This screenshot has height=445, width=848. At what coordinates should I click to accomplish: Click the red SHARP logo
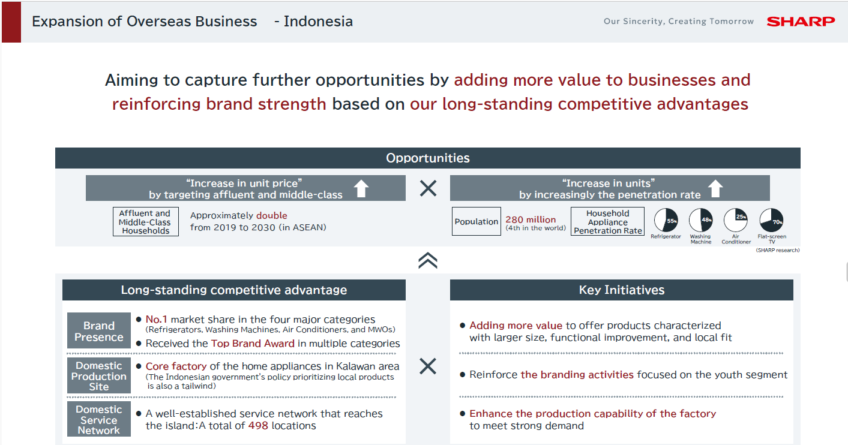801,22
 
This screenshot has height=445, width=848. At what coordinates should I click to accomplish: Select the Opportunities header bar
428,158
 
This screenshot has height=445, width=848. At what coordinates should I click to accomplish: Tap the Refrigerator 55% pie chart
666,220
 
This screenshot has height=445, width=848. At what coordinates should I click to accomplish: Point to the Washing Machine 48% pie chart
701,220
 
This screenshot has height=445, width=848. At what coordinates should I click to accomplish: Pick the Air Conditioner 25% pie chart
736,220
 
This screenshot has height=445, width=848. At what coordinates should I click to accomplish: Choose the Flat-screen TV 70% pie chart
771,220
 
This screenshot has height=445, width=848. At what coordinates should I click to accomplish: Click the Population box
477,221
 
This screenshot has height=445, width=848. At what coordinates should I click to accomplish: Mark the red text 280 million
531,220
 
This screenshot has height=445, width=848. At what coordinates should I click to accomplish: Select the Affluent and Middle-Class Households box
146,222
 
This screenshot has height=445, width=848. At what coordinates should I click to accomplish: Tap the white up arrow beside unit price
361,188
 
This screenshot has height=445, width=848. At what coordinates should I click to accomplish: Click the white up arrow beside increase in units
715,188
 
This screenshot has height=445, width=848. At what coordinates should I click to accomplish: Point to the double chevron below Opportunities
428,260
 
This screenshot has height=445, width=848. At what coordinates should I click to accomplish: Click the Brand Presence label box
99,330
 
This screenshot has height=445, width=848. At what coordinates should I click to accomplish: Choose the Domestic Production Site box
99,376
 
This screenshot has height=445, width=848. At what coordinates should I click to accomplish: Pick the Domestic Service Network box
99,419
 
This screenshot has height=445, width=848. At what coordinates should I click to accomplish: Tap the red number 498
258,426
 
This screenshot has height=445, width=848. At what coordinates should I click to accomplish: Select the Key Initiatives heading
622,290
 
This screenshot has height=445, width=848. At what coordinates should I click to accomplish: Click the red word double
272,215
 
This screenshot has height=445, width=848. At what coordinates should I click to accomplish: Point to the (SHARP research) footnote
778,250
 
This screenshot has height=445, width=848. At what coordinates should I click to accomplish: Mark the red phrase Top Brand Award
253,343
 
